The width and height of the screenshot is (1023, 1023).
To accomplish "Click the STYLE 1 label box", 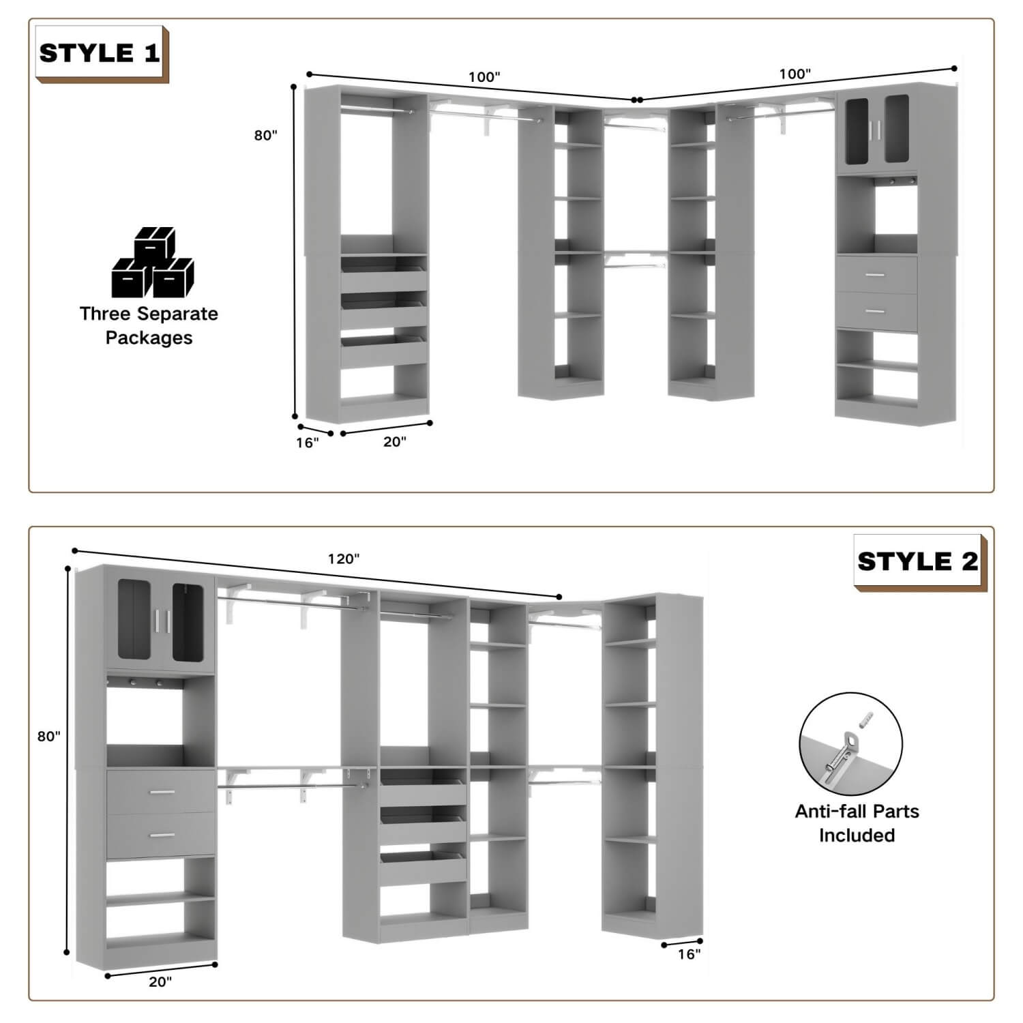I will click(100, 53).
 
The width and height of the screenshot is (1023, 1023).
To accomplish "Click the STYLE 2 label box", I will click(918, 562).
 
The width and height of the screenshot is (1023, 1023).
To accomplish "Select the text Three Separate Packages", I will click(149, 326).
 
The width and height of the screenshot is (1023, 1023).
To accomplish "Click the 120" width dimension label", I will click(343, 559).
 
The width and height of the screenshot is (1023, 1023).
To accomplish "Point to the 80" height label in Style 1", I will click(265, 135).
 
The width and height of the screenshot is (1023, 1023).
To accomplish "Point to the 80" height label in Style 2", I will click(48, 736).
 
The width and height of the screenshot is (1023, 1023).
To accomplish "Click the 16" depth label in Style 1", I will click(307, 443).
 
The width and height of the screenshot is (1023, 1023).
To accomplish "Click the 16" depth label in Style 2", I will click(689, 954).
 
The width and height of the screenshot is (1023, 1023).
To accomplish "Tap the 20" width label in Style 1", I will click(394, 442).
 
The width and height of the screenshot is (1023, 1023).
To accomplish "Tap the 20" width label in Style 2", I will click(160, 982).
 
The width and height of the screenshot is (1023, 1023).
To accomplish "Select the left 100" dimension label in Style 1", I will click(484, 77).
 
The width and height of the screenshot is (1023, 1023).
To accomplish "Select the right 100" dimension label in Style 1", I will click(795, 74).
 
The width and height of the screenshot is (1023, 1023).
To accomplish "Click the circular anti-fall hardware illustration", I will click(850, 744).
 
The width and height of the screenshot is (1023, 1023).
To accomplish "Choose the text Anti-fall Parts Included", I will click(857, 823).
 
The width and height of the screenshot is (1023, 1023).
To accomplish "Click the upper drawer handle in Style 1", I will click(874, 275).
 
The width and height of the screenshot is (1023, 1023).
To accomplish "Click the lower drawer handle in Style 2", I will click(162, 835).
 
